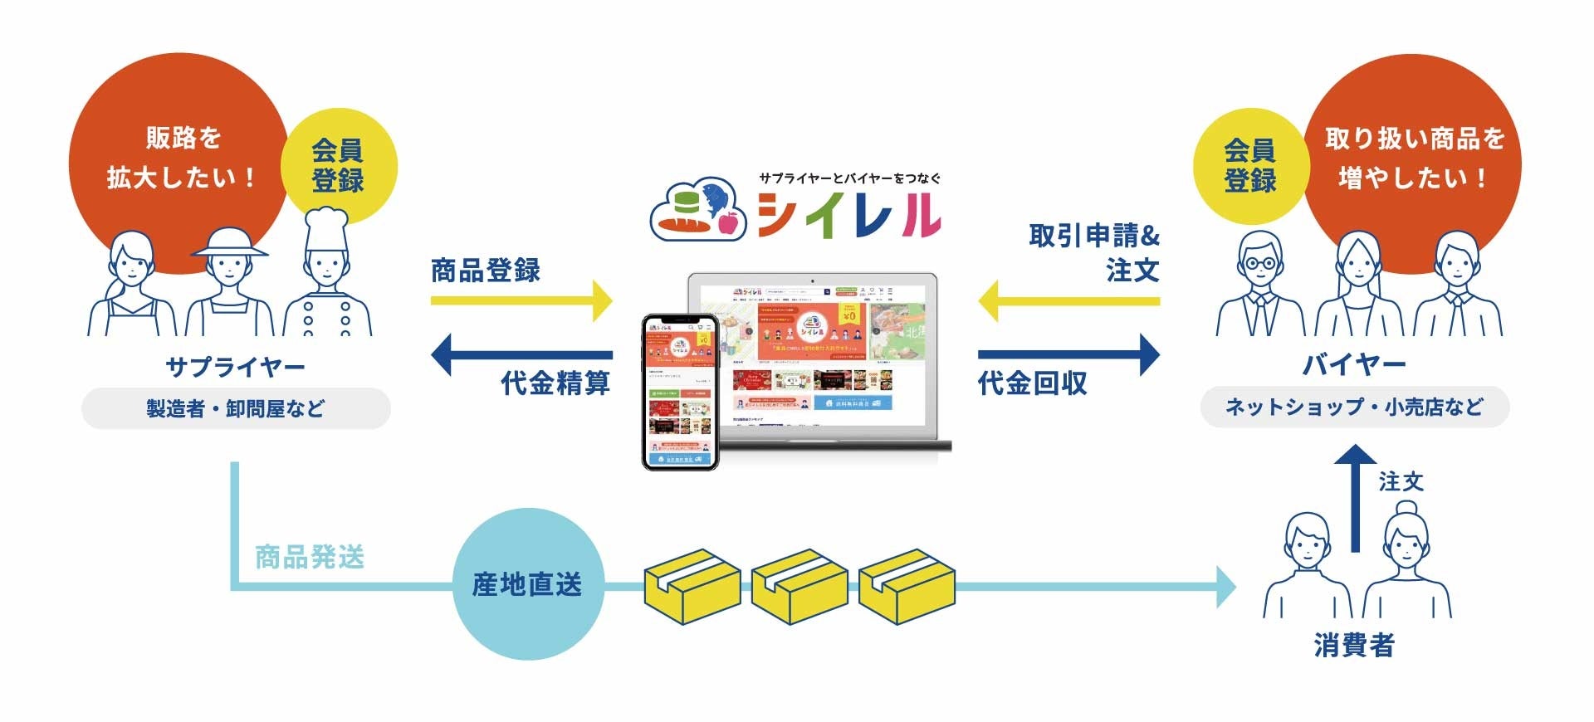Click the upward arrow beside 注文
tap(1356, 498)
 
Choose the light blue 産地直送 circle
tap(527, 584)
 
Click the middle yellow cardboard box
tap(799, 586)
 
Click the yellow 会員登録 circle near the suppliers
tap(339, 165)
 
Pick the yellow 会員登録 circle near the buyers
tap(1249, 165)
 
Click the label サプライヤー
tap(235, 366)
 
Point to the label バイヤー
tap(1354, 364)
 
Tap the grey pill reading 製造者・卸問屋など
tap(236, 408)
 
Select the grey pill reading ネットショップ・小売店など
tap(1354, 407)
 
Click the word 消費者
tap(1354, 645)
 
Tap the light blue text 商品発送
tap(310, 557)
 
